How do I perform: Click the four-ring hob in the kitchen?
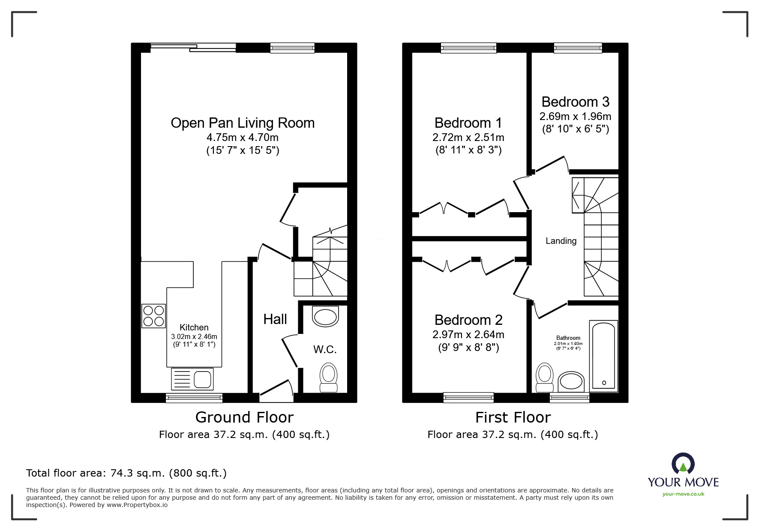coord(153,316)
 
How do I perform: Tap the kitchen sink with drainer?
coord(192,379)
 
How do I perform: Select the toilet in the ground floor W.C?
coord(329,378)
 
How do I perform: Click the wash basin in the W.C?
coord(325,317)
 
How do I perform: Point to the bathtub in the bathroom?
coord(603,356)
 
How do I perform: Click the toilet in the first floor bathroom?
coord(545,378)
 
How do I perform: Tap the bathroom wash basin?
coord(571,381)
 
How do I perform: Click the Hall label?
coord(275,319)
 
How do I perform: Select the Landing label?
coord(561,241)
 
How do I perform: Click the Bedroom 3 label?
coord(575,102)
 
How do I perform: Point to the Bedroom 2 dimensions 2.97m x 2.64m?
coord(468,334)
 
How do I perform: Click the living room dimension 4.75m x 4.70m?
coord(243,138)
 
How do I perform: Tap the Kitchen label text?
coord(194,327)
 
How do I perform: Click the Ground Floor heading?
coord(244,417)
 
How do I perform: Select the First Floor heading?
coord(513,417)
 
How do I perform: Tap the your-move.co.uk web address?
coord(683,494)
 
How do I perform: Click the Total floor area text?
coord(126,473)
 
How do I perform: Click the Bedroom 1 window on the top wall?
coord(468,48)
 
